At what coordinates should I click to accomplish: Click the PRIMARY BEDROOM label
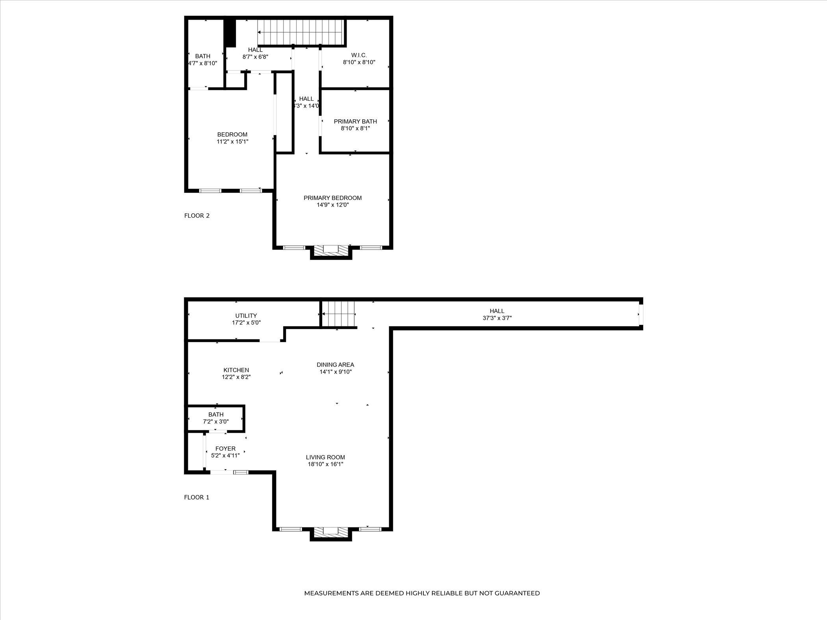pos(332,198)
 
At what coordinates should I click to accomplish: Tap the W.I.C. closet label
pos(359,56)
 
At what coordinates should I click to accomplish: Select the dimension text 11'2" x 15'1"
pos(232,142)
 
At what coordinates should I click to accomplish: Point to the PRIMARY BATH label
pos(355,121)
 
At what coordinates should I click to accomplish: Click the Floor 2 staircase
pos(301,32)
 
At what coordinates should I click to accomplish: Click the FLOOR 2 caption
pos(197,216)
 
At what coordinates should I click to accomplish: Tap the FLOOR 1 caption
pos(197,497)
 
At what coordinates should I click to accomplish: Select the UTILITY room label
pos(246,316)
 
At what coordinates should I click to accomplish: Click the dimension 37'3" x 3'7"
pos(497,318)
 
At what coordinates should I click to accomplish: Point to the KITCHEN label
pos(236,370)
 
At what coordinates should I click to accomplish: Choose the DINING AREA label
pos(335,365)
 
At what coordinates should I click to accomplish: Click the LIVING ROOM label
pos(325,457)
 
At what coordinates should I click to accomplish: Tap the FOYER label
pos(225,449)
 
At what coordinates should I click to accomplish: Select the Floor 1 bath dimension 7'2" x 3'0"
pos(216,422)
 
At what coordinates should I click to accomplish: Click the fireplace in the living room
pos(330,533)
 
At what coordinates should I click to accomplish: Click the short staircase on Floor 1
pos(338,314)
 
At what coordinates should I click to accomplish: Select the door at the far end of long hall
pos(641,314)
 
